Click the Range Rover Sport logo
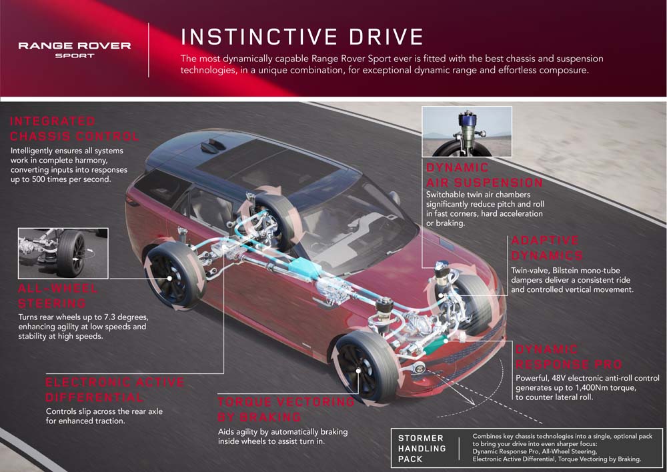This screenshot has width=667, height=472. pos(75,49)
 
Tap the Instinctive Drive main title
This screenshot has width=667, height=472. pos(301,36)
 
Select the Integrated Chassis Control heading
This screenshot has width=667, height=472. pos(75,129)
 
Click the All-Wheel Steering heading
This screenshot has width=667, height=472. pos(59,297)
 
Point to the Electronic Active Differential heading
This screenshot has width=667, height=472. pos(114,390)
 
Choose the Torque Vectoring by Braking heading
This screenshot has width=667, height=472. pos(286,409)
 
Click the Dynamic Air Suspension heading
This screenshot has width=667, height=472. pos(484,175)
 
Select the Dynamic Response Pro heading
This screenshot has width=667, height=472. pos(568,357)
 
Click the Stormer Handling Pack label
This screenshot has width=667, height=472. pos(421,449)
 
